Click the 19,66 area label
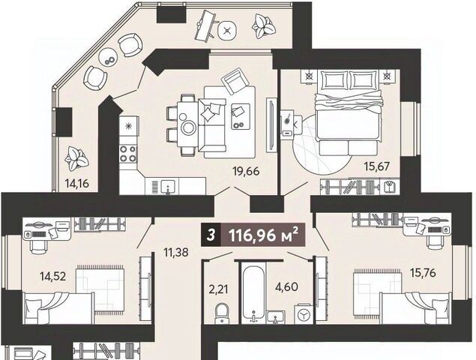click(246, 171)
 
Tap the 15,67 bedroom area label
click(377, 166)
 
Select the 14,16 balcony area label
click(76, 183)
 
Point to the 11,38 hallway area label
click(175, 252)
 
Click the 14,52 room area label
click(52, 277)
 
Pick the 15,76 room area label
click(423, 272)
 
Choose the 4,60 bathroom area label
click(286, 286)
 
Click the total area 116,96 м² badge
click(263, 235)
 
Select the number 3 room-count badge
click(211, 235)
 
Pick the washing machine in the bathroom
click(304, 313)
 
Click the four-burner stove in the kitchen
click(128, 154)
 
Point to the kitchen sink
click(167, 186)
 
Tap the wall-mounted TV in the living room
click(271, 124)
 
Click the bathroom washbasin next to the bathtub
click(275, 316)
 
